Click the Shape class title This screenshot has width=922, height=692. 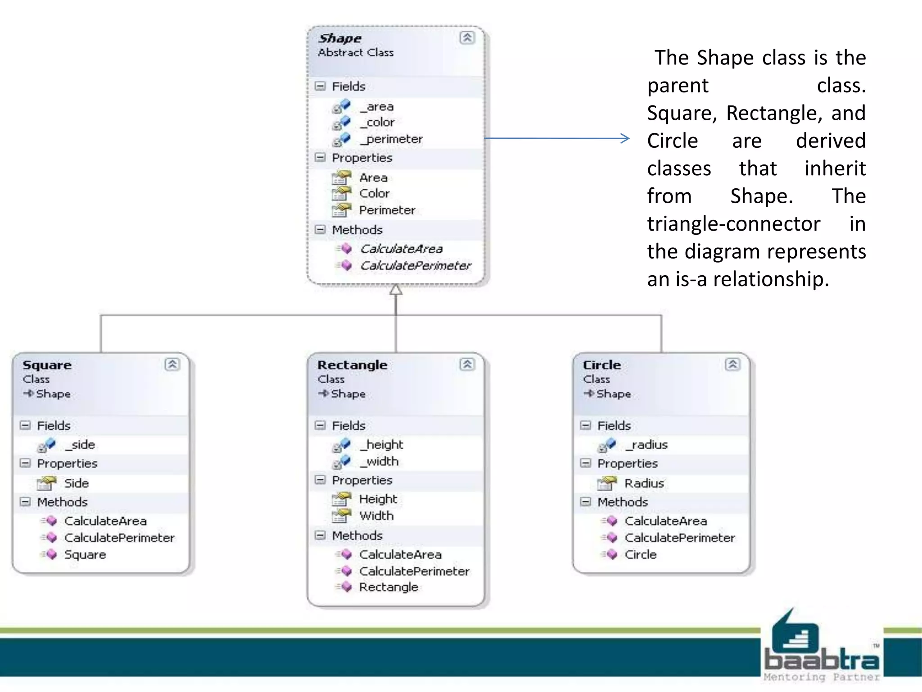[340, 39]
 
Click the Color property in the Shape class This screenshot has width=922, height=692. [374, 193]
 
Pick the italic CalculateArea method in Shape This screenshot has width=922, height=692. [401, 249]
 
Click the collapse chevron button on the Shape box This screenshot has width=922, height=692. [467, 38]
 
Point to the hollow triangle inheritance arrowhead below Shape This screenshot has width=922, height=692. [396, 290]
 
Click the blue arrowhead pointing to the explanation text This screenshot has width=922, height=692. [625, 138]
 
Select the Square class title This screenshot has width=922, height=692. [47, 365]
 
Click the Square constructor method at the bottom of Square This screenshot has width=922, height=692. [85, 555]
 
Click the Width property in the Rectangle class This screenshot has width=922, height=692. [376, 516]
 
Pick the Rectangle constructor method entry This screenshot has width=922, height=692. [388, 587]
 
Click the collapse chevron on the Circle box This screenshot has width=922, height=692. [732, 364]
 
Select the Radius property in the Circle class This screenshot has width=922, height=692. [644, 483]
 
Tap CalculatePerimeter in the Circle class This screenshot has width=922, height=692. [679, 538]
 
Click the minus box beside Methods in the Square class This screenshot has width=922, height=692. [26, 502]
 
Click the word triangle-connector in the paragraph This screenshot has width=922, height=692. [733, 224]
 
